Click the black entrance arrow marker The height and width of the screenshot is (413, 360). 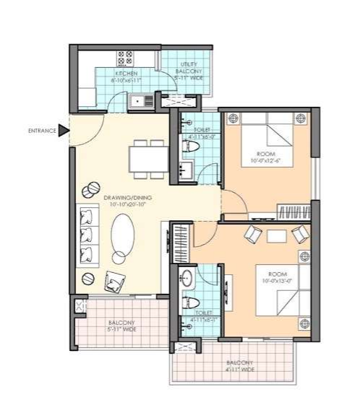click(64, 131)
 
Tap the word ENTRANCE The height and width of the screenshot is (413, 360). click(42, 131)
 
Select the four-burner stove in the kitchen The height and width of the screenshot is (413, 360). click(124, 57)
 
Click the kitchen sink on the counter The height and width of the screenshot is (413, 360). click(142, 102)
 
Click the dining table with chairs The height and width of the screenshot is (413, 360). click(146, 157)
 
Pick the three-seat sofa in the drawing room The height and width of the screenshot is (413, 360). click(87, 235)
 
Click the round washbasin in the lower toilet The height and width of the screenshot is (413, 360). click(187, 277)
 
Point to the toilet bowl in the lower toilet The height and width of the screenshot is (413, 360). click(190, 302)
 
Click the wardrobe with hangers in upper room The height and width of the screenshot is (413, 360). click(291, 213)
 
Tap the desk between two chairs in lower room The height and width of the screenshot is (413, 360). click(276, 235)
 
